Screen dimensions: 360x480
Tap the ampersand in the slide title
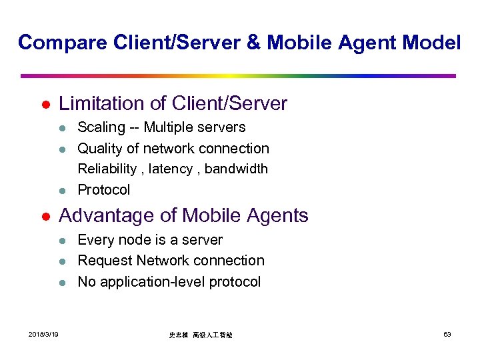tap(254, 43)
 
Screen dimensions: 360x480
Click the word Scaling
tap(101, 127)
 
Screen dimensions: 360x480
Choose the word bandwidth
tap(236, 169)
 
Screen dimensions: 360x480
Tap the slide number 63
tap(447, 334)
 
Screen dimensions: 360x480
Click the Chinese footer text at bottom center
tap(200, 335)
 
